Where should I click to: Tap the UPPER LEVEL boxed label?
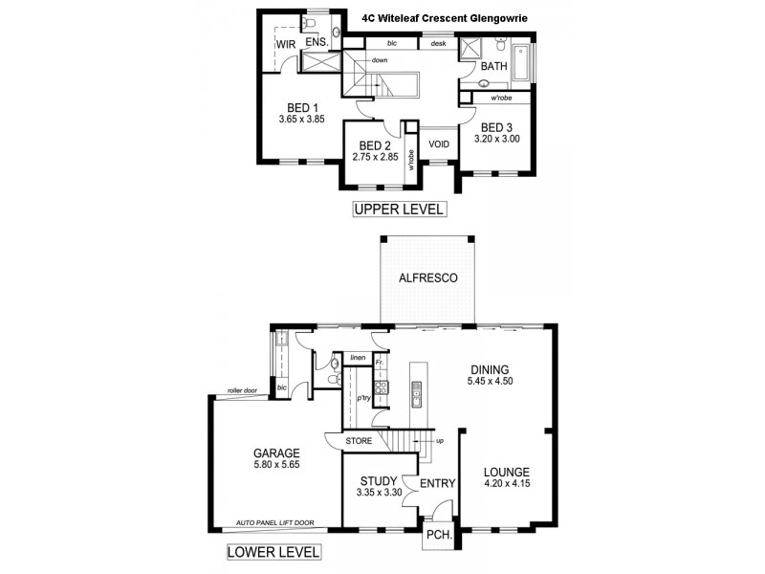click(399, 210)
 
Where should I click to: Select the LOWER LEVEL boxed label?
click(273, 552)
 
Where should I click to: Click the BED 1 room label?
click(302, 107)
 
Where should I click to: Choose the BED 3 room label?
click(497, 127)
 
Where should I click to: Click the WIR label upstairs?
click(285, 45)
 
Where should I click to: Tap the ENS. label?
click(317, 44)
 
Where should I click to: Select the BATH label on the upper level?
click(493, 67)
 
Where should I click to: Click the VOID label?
click(439, 143)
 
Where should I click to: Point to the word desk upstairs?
click(438, 43)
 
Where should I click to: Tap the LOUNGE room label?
click(507, 472)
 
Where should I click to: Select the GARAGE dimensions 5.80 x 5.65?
click(276, 466)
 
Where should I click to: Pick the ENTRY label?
click(437, 484)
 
